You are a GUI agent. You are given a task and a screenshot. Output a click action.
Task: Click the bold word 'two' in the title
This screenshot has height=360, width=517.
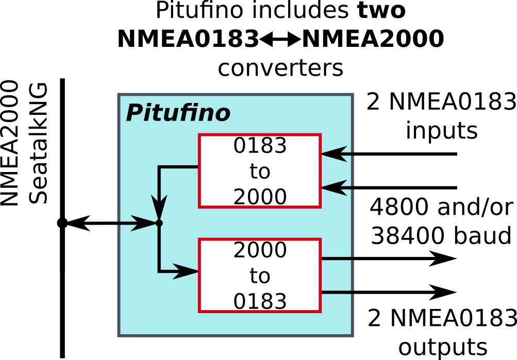pyautogui.click(x=381, y=10)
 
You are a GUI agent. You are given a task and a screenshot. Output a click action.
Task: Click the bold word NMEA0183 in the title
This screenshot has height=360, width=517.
pyautogui.click(x=188, y=39)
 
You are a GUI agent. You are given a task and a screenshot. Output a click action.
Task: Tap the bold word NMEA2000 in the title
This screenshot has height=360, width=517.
pyautogui.click(x=373, y=39)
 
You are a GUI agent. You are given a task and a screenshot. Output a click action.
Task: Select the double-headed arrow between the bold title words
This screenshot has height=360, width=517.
pyautogui.click(x=280, y=40)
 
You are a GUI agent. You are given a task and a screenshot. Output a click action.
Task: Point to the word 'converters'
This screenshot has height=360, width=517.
pyautogui.click(x=280, y=68)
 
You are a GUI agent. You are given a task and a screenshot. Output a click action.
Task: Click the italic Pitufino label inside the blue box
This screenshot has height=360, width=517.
pyautogui.click(x=178, y=113)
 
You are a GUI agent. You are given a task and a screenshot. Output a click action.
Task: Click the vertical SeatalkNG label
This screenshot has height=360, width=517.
pyautogui.click(x=38, y=144)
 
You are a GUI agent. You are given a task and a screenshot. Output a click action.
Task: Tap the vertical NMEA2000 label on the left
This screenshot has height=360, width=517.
pyautogui.click(x=9, y=143)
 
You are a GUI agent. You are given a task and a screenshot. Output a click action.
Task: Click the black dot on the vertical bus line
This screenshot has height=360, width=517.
pyautogui.click(x=62, y=223)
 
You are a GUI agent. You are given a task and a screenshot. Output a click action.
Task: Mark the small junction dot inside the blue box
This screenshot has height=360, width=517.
pyautogui.click(x=159, y=223)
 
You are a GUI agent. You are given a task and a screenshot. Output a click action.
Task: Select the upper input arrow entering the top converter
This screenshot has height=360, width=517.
pyautogui.click(x=389, y=154)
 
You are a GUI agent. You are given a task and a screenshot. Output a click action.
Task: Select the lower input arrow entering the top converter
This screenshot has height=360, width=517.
pyautogui.click(x=389, y=188)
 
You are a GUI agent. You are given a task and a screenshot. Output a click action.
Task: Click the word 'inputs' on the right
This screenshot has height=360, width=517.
pyautogui.click(x=442, y=130)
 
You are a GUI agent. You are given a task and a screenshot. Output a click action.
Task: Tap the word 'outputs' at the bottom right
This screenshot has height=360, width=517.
pyautogui.click(x=443, y=347)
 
